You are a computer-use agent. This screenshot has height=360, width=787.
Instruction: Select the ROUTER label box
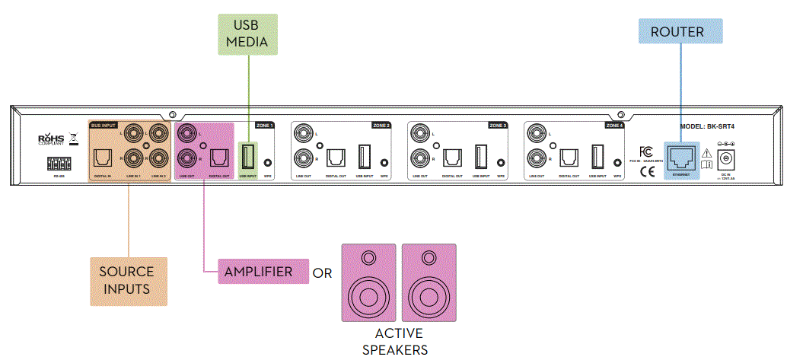pyautogui.click(x=679, y=33)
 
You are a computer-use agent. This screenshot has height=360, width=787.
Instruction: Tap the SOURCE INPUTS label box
pyautogui.click(x=127, y=279)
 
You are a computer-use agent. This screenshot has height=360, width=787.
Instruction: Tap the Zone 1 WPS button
pyautogui.click(x=267, y=163)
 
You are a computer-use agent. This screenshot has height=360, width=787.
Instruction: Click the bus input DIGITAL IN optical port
pyautogui.click(x=103, y=158)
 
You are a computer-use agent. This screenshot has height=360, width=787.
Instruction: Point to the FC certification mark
pyautogui.click(x=645, y=151)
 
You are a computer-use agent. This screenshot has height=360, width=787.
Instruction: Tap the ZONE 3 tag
pyautogui.click(x=498, y=125)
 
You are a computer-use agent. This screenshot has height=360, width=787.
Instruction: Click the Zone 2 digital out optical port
pyautogui.click(x=336, y=158)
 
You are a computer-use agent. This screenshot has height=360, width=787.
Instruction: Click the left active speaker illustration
pyautogui.click(x=368, y=282)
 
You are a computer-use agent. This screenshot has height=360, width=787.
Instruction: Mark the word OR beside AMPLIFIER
pyautogui.click(x=322, y=272)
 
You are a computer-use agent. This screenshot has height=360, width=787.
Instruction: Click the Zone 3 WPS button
pyautogui.click(x=501, y=163)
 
